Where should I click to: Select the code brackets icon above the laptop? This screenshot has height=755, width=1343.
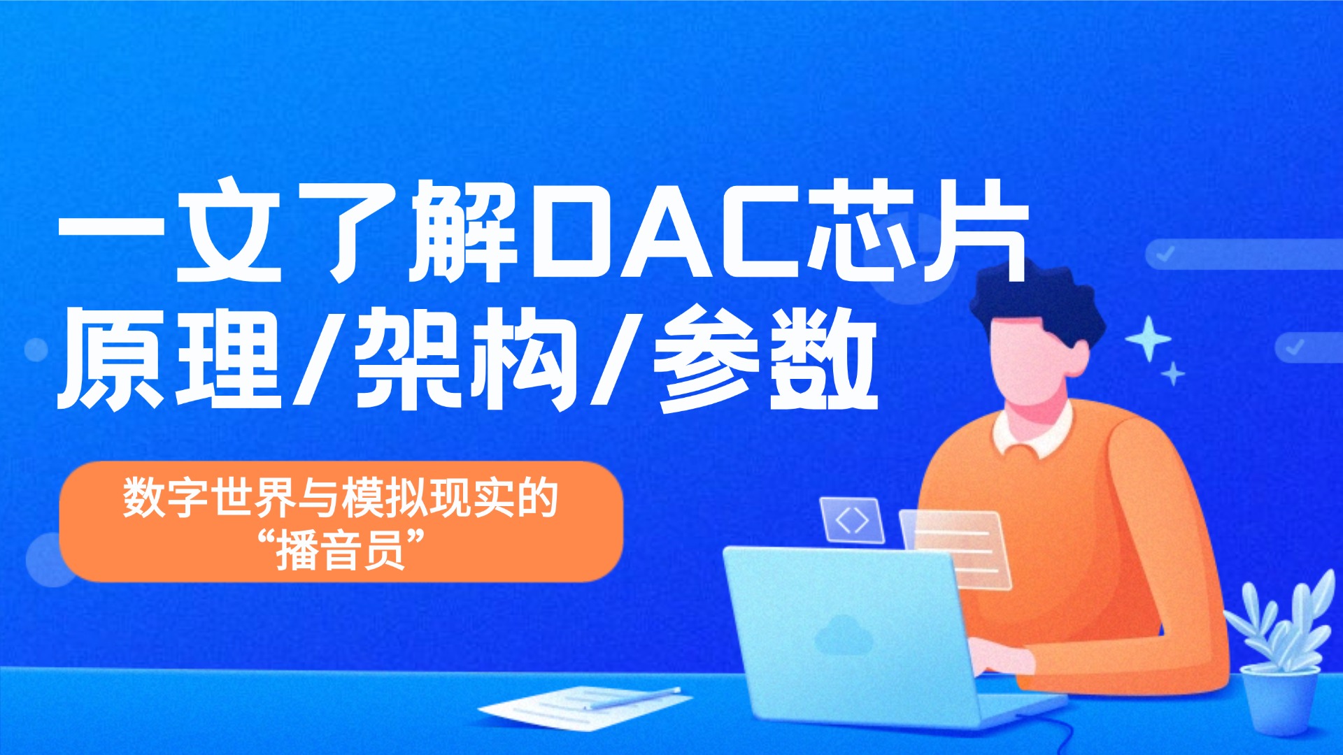852,520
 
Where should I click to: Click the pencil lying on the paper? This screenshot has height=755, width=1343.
633,697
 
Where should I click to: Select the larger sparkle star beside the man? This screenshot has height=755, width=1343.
1148,338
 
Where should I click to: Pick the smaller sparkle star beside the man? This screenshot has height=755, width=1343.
1173,374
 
